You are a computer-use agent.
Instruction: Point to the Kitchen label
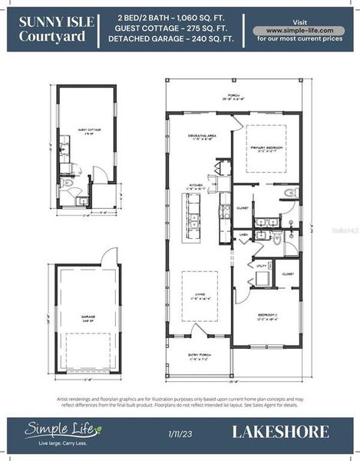(x=198, y=187)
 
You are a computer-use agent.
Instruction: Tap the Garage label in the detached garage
(x=87, y=316)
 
